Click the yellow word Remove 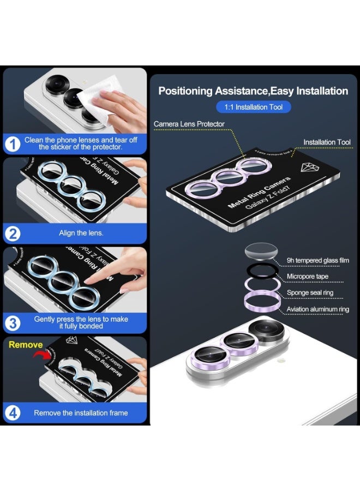coord(25,345)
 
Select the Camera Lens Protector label coord(189,124)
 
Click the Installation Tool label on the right coord(327,142)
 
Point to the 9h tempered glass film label coord(318,261)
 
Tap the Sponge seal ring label coord(310,293)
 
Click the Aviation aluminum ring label coord(318,309)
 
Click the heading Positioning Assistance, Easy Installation coord(253,91)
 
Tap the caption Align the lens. coord(81,233)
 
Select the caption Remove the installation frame coord(81,413)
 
